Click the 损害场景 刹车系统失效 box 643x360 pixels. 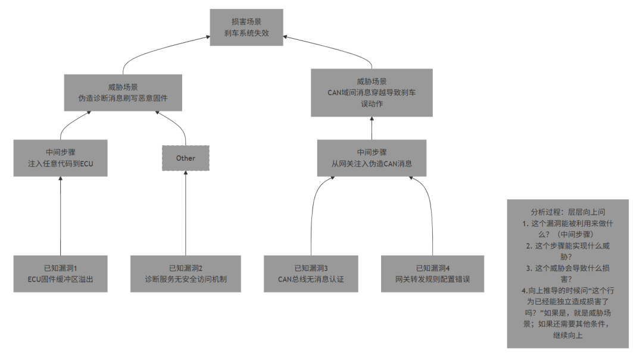[x=246, y=27]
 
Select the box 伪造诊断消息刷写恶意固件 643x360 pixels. [x=123, y=93]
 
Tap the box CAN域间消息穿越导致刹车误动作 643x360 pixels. [x=372, y=93]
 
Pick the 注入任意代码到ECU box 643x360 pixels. [x=60, y=158]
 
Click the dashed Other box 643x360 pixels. [x=186, y=158]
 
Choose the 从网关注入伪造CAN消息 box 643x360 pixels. [x=372, y=158]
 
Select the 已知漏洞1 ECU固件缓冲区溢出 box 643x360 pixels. [x=60, y=274]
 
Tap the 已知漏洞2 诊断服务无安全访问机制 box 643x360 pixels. [x=186, y=274]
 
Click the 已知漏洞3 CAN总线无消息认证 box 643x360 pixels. [x=311, y=274]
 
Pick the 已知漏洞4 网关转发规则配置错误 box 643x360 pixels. [x=433, y=274]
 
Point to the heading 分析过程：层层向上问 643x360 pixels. [x=568, y=212]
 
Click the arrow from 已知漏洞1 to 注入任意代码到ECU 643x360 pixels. [x=60, y=216]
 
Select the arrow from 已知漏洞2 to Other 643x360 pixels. [x=186, y=213]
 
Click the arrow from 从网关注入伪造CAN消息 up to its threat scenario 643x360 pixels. [x=372, y=129]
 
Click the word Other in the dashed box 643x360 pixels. [x=186, y=158]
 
